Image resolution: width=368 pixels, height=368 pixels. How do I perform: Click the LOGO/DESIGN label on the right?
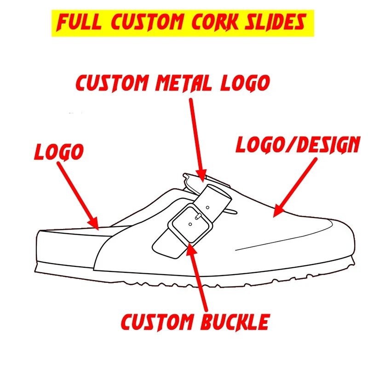297,145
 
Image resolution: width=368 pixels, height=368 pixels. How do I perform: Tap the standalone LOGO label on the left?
58,151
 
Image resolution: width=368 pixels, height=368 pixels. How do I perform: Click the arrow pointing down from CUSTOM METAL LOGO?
197,138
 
